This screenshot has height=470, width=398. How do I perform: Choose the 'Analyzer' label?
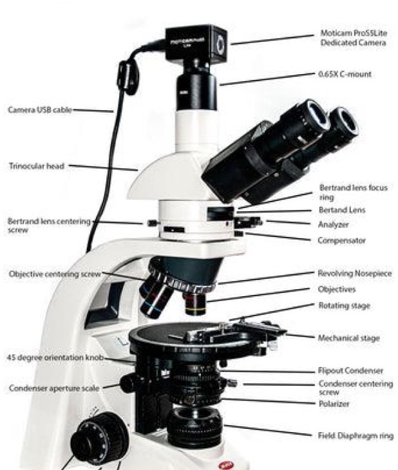(x=336, y=225)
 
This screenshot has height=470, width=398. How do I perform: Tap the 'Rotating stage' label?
(x=345, y=305)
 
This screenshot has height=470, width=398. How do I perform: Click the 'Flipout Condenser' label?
(x=352, y=371)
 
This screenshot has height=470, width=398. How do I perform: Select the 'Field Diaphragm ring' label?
(x=356, y=436)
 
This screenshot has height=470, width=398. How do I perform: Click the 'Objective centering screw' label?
(x=55, y=274)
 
